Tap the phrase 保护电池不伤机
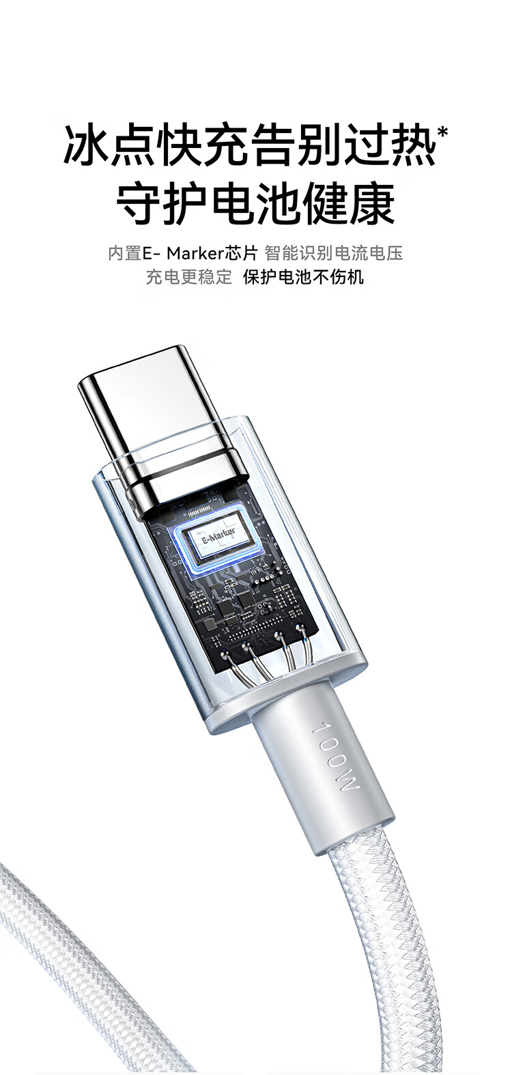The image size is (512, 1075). [303, 278]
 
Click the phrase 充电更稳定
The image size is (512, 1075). [189, 278]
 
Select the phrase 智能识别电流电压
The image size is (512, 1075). [334, 253]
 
